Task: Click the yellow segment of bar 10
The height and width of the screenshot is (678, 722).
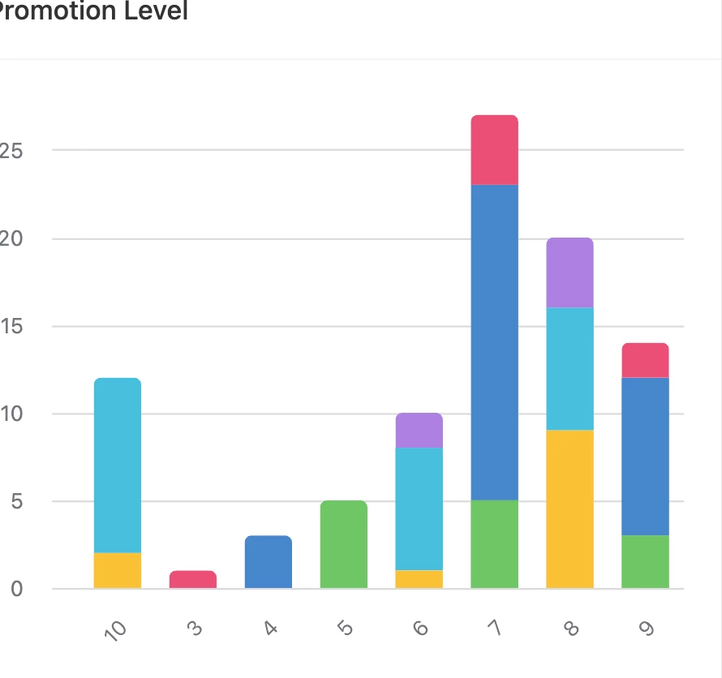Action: (x=118, y=570)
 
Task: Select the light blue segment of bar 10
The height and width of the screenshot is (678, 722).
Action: (x=118, y=466)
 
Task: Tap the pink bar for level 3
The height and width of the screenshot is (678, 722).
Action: (x=193, y=580)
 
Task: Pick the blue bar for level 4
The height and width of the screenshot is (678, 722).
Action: (x=269, y=562)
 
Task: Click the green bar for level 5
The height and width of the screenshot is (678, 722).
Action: (x=344, y=544)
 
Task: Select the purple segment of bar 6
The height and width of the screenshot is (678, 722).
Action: (x=419, y=431)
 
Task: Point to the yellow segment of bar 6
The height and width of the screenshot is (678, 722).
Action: (x=419, y=579)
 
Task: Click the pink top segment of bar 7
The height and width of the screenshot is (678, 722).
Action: (x=494, y=150)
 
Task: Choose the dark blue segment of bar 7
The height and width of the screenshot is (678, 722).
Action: (x=494, y=342)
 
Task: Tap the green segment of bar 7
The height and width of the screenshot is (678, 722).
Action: (x=494, y=544)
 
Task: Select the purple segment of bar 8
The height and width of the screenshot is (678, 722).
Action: (x=569, y=273)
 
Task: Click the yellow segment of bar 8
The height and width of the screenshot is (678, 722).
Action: (x=569, y=509)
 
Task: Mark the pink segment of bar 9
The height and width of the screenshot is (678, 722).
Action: (x=645, y=361)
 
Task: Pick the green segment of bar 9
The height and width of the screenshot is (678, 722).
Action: (x=645, y=562)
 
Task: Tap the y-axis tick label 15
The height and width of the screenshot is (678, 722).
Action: (x=11, y=327)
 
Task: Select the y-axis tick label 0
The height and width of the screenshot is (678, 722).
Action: (x=16, y=589)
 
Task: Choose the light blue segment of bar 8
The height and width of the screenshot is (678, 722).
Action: (x=569, y=369)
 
